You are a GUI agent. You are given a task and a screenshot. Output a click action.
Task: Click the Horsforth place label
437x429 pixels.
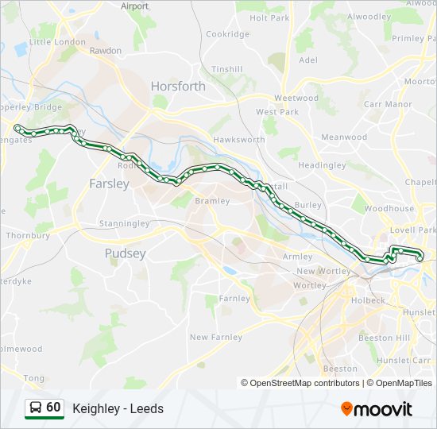pyautogui.click(x=178, y=86)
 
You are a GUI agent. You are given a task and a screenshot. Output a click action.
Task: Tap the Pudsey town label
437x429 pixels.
pyautogui.click(x=126, y=253)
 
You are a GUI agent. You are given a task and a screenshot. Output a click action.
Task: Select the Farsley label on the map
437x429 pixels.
pyautogui.click(x=109, y=184)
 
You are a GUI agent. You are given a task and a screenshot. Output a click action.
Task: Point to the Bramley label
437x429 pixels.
pyautogui.click(x=212, y=201)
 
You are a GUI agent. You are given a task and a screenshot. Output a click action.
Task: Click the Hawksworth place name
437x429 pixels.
pyautogui.click(x=238, y=140)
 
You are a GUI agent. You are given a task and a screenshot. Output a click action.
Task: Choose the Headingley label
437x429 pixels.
pyautogui.click(x=322, y=165)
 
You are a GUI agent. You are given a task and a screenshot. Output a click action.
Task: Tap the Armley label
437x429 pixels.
pyautogui.click(x=298, y=257)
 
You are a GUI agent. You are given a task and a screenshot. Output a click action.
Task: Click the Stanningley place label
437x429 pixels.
pyautogui.click(x=124, y=224)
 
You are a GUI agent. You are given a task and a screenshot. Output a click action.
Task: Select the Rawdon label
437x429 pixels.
pyautogui.click(x=106, y=50)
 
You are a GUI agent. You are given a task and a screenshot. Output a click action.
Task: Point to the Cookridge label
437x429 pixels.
pyautogui.click(x=228, y=34)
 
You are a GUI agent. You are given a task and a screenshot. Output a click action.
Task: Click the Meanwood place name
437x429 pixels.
pyautogui.click(x=344, y=137)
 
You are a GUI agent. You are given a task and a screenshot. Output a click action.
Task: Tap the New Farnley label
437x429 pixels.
pyautogui.click(x=216, y=337)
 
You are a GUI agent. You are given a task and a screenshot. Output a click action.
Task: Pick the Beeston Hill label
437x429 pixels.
pyautogui.click(x=384, y=338)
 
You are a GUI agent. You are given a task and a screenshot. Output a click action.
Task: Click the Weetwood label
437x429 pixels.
pyautogui.click(x=296, y=99)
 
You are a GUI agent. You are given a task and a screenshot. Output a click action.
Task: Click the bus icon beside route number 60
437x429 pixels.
pyautogui.click(x=35, y=408)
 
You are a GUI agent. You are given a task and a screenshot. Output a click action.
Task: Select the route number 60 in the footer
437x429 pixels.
pyautogui.click(x=53, y=408)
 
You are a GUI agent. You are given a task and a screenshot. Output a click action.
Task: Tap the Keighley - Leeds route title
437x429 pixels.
pyautogui.click(x=118, y=408)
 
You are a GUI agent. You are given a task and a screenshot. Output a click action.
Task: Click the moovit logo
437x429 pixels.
pyautogui.click(x=377, y=408)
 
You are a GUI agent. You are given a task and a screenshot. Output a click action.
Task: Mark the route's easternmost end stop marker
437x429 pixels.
pyautogui.click(x=420, y=256)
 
